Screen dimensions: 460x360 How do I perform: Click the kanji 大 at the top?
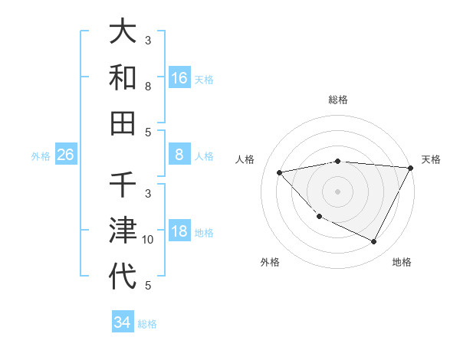123,34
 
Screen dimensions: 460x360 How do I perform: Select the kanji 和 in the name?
123,77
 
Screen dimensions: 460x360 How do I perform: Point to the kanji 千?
123,186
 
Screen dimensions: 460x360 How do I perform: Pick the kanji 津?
123,231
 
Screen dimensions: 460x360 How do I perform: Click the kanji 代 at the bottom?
123,275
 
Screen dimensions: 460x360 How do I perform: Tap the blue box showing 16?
179,77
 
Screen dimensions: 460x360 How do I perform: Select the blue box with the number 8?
179,155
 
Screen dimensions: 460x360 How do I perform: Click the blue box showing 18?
179,231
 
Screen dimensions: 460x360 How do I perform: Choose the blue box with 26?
66,155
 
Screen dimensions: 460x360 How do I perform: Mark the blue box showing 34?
122,322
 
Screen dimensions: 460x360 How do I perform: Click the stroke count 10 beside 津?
148,240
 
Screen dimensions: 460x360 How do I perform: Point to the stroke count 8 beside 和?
148,87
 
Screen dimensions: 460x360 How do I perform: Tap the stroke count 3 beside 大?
148,41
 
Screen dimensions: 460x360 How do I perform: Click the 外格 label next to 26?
41,155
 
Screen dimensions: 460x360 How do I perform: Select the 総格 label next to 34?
147,323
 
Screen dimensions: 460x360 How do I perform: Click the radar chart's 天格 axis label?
431,159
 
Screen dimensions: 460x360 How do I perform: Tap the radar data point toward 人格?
280,172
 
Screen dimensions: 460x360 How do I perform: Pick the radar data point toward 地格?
374,242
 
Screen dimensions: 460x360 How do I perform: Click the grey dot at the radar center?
337,191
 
